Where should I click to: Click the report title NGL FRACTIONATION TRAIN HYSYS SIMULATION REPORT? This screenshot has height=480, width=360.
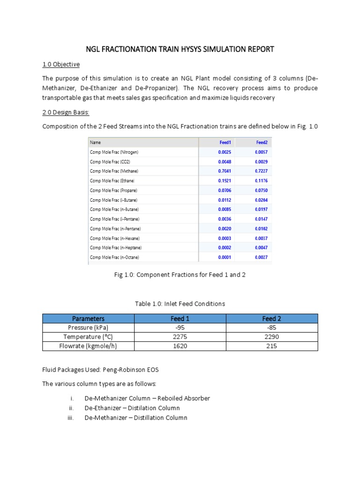point(180,49)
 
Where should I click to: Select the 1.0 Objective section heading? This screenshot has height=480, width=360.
point(61,64)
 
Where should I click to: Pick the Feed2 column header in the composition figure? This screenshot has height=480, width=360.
point(261,142)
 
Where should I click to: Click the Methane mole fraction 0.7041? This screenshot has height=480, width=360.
point(224,171)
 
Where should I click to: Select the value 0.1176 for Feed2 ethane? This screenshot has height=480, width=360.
point(261,180)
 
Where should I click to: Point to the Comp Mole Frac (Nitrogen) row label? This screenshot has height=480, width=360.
point(114,152)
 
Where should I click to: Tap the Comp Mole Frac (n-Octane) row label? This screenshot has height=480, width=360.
point(114,257)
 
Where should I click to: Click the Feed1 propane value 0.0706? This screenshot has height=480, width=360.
point(224,190)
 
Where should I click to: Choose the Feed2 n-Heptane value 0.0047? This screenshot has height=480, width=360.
point(261,247)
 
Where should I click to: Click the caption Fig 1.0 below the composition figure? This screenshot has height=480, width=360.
point(180,275)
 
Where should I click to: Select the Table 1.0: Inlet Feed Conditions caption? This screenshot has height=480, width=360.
point(180,304)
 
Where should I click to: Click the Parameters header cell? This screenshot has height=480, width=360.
point(88,319)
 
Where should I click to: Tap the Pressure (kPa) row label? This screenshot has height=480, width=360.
point(88,328)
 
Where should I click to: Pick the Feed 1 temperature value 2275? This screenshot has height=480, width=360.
point(180,337)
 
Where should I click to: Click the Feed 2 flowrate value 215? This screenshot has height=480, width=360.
point(272,346)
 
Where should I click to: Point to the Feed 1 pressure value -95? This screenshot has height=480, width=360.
point(180,328)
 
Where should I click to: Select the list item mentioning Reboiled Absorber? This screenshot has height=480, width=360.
point(147,398)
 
